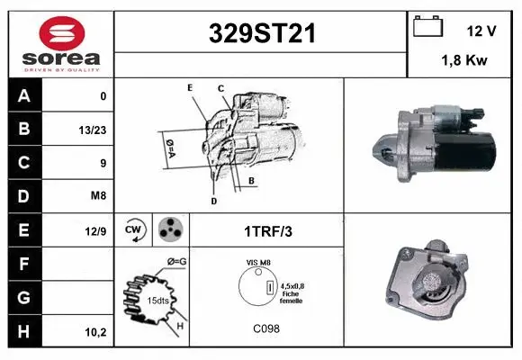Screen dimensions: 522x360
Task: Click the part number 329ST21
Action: (x=262, y=33)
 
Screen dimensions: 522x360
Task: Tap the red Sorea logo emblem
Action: (x=62, y=33)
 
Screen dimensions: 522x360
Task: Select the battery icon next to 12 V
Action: (x=427, y=26)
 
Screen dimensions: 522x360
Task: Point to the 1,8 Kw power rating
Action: (x=464, y=60)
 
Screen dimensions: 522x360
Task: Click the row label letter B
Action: (x=24, y=129)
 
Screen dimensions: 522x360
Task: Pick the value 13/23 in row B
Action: (x=93, y=130)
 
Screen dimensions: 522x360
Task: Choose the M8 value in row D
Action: (x=98, y=195)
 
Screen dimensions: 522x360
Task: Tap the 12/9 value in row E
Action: (x=95, y=231)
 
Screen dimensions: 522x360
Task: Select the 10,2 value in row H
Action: (x=95, y=332)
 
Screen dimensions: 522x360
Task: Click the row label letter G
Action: (x=24, y=297)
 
